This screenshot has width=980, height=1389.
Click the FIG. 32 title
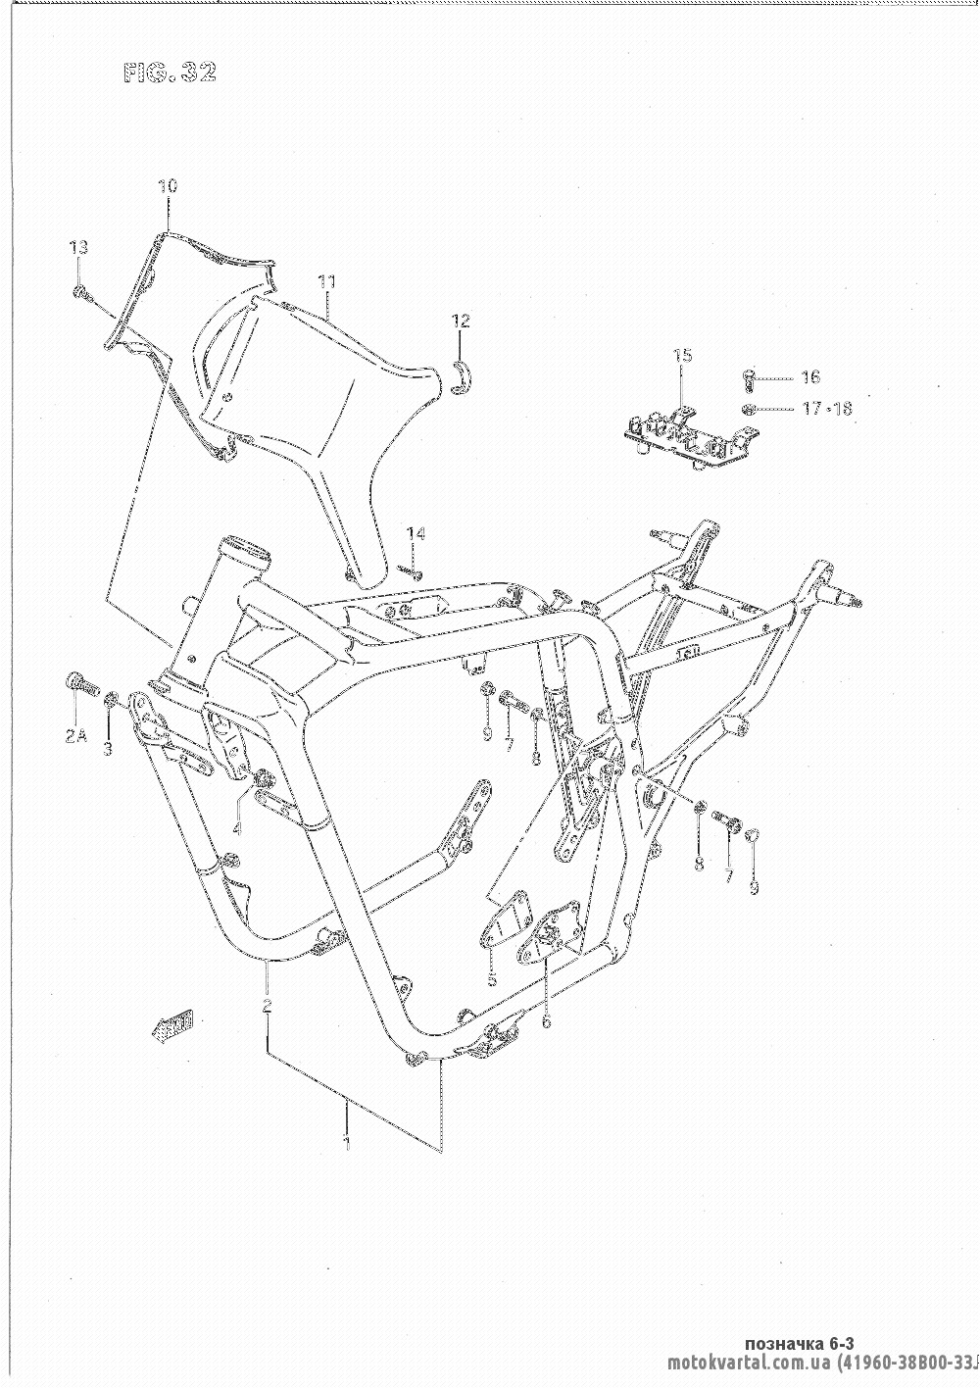[170, 73]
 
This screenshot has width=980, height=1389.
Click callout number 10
[167, 185]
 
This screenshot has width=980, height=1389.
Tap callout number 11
[326, 282]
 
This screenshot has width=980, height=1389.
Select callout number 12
[461, 321]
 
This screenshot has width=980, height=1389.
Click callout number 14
[416, 533]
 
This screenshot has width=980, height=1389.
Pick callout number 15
[682, 355]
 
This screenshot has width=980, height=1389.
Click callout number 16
[809, 376]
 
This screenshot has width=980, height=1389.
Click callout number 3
[108, 749]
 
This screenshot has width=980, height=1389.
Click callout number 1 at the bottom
[347, 1141]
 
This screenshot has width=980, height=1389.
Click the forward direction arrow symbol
[171, 1024]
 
